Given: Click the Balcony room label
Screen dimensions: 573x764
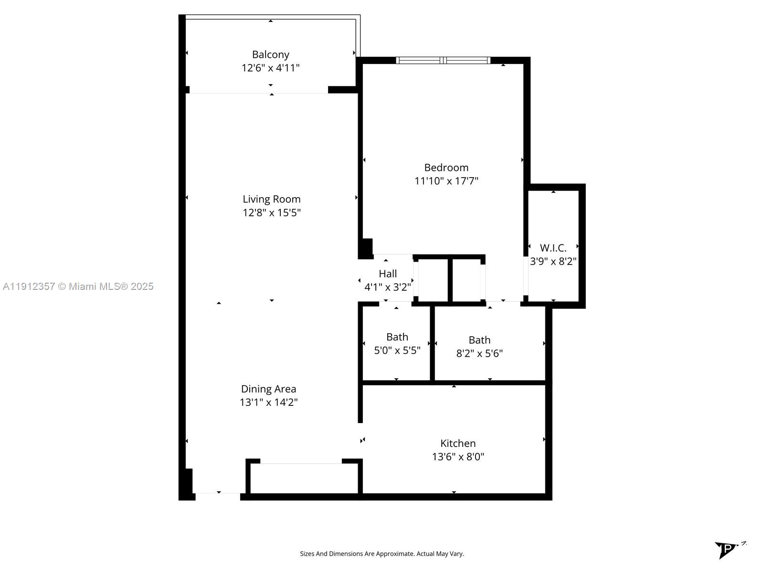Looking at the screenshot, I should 270,54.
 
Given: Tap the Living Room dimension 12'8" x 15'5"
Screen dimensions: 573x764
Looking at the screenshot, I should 271,212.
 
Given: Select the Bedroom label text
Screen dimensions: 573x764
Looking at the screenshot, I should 446,168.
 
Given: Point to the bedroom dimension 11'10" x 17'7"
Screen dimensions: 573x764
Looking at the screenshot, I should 446,181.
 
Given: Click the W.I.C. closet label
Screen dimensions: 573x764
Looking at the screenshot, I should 553,248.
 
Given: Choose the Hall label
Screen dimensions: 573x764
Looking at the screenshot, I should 387,274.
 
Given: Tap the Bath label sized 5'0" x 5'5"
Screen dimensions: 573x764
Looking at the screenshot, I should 397,337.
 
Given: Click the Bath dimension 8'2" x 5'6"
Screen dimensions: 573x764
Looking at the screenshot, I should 479,353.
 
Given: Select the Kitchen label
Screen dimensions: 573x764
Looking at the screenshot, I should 457,443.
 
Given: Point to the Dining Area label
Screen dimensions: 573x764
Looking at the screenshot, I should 268,389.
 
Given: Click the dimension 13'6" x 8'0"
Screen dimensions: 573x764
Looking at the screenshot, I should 457,456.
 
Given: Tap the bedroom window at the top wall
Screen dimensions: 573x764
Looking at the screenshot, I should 443,60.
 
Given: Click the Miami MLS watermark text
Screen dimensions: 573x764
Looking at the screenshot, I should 78,286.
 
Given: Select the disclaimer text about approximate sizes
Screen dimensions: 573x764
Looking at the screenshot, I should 382,554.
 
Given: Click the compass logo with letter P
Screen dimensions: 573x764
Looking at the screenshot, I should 727,549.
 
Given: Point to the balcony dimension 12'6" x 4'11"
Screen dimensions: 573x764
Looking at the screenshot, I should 270,68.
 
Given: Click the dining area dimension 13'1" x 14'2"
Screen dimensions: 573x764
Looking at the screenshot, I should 268,402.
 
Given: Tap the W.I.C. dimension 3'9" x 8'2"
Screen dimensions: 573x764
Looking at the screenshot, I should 553,261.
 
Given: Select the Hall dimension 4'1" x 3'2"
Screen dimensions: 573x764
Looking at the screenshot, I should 387,287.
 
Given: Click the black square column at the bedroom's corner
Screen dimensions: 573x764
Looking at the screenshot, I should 366,248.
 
